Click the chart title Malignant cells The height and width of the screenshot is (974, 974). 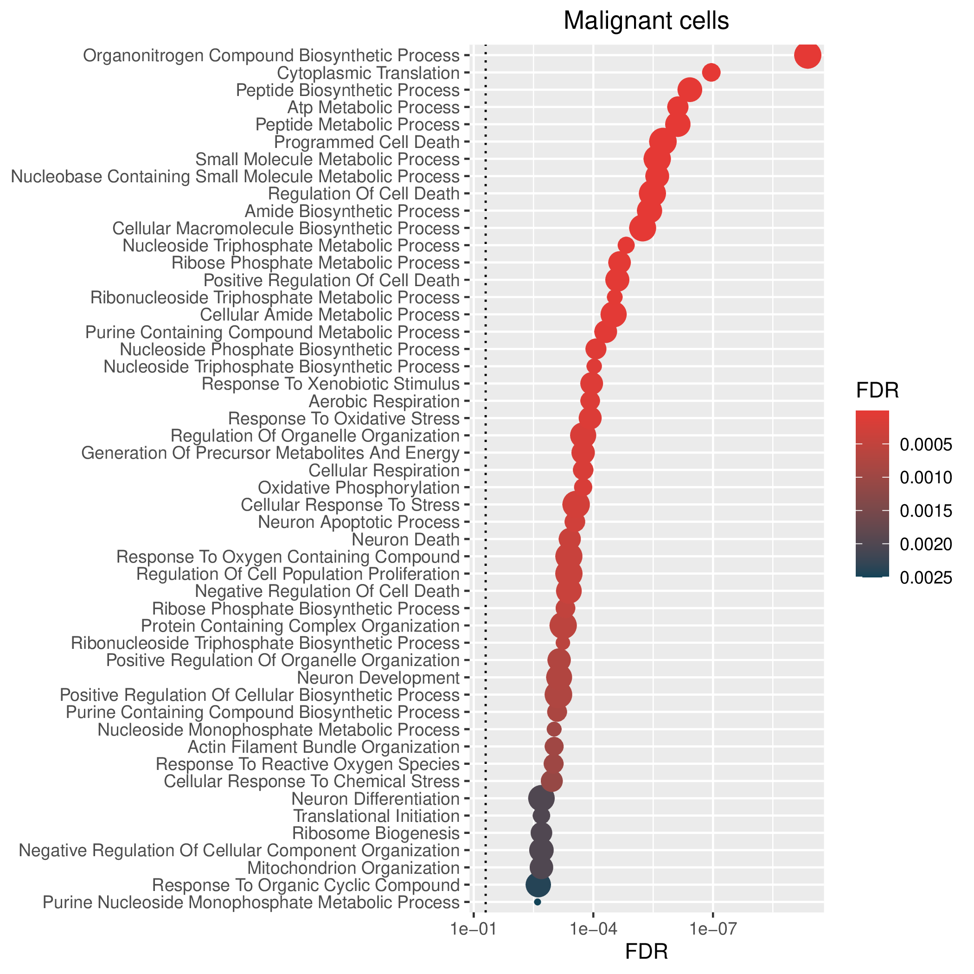click(x=646, y=21)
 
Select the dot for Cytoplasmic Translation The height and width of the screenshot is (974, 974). click(x=711, y=73)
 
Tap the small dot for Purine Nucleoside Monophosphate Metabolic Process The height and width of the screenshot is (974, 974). click(x=538, y=902)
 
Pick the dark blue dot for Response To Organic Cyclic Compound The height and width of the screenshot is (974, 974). click(x=538, y=884)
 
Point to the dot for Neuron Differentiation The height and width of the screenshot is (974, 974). click(x=541, y=798)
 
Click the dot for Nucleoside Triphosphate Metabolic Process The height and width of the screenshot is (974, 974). click(x=626, y=245)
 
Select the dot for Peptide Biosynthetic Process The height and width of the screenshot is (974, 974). click(x=690, y=90)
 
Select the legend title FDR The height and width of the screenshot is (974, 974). click(x=878, y=391)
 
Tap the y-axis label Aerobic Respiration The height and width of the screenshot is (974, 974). click(x=384, y=402)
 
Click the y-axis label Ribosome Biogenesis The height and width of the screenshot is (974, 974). click(x=376, y=833)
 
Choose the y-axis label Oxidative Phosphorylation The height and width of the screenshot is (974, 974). click(x=359, y=488)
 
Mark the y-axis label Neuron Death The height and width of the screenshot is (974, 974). click(x=406, y=539)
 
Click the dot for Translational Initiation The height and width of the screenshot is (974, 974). click(x=541, y=816)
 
